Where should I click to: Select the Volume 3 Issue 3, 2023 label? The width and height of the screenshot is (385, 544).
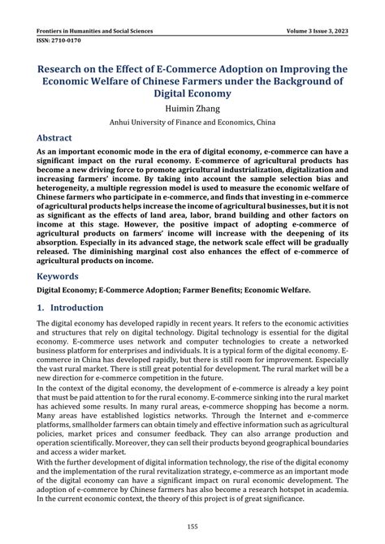[309, 30]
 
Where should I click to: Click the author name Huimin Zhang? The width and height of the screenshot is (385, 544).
[192, 108]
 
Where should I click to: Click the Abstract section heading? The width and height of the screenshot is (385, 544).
[60, 139]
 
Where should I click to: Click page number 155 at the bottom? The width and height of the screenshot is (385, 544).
[192, 526]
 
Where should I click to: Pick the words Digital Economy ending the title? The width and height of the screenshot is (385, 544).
[192, 93]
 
